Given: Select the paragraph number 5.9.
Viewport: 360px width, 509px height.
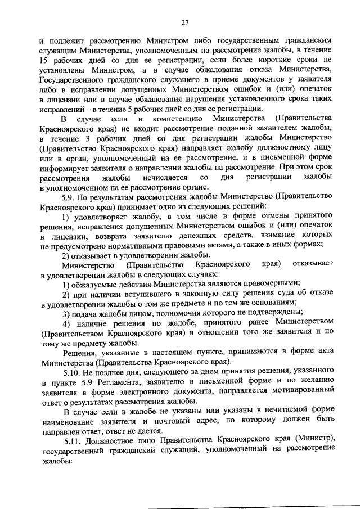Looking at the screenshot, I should [69, 197].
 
